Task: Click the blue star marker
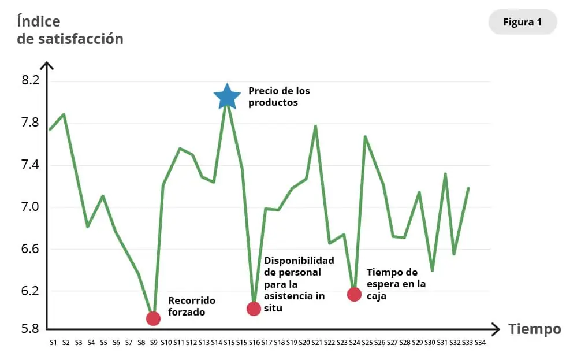[x=227, y=97]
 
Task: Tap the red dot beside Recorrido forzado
[x=153, y=318]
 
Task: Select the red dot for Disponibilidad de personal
[x=254, y=309]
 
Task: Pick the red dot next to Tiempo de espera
[x=354, y=294]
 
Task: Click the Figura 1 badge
[x=522, y=23]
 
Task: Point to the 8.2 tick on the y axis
[x=30, y=80]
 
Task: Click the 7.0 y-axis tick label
[x=30, y=207]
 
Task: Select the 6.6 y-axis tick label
[x=30, y=249]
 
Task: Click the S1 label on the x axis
[x=53, y=343]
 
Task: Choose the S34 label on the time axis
[x=480, y=343]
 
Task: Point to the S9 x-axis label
[x=154, y=343]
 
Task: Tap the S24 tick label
[x=354, y=343]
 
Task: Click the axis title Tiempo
[x=534, y=329]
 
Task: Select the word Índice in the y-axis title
[x=39, y=22]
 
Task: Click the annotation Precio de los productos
[x=279, y=97]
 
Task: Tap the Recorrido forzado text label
[x=191, y=306]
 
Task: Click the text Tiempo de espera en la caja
[x=396, y=283]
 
